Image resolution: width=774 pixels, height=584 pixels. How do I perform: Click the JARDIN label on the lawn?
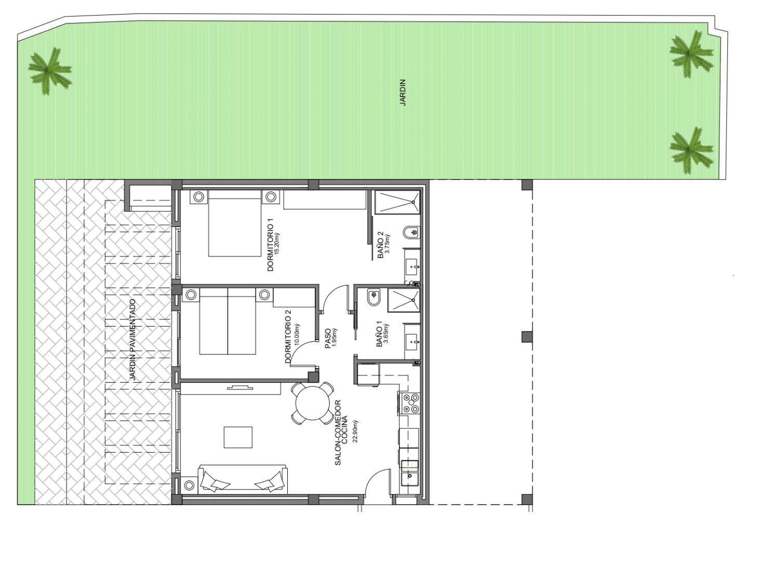[403, 92]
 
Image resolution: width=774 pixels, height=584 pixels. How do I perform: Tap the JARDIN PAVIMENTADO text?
[132, 340]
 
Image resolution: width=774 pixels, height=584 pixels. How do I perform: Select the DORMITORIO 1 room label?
[271, 245]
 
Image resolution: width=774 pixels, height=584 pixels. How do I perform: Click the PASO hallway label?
[328, 338]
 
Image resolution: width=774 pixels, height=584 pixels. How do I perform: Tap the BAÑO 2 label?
[380, 245]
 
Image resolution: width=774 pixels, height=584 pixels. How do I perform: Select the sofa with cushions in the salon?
[243, 479]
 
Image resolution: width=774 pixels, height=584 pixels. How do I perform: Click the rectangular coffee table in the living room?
[238, 437]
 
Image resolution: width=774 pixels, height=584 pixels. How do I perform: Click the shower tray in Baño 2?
[397, 202]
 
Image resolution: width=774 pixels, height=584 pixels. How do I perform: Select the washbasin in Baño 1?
[412, 341]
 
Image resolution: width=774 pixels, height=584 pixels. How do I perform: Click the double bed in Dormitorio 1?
[234, 227]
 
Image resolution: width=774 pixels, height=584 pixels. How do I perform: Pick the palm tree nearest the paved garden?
[49, 71]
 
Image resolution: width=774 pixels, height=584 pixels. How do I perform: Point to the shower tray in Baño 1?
[404, 300]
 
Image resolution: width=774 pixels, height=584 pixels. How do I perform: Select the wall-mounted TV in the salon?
[241, 387]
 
